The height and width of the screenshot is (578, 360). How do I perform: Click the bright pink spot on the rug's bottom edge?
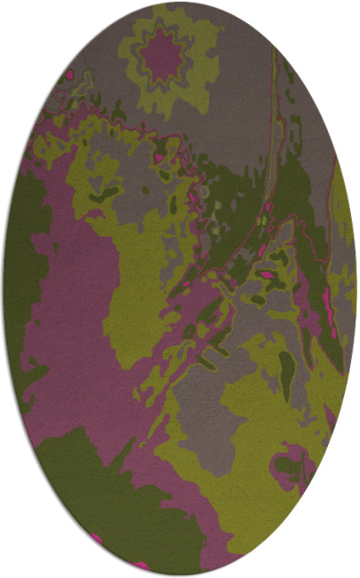[140, 564]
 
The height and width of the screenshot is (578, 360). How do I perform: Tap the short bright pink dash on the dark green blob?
[267, 275]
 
